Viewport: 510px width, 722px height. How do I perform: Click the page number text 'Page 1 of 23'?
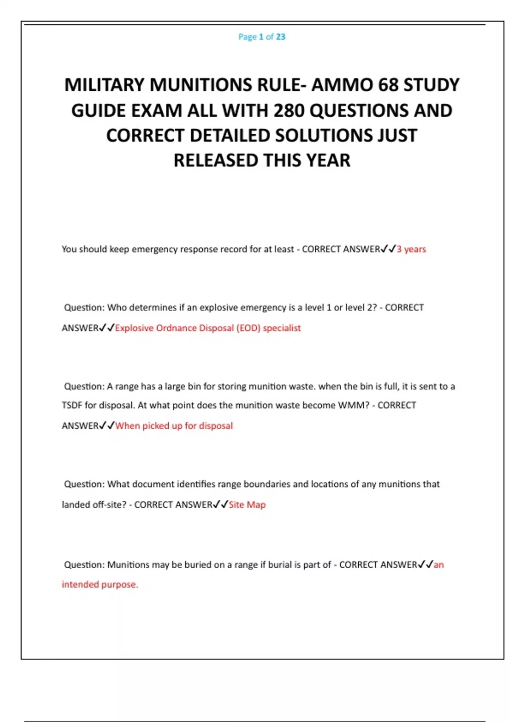coord(262,37)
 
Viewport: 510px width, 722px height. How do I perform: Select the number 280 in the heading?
coord(289,110)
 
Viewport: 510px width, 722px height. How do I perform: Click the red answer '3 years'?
coord(411,249)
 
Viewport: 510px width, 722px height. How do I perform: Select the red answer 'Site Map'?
coord(247,505)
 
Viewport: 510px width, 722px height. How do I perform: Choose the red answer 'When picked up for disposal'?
coord(174,426)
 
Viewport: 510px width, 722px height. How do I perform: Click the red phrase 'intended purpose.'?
coord(100,584)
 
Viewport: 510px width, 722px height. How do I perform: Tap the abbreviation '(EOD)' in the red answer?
coord(248,328)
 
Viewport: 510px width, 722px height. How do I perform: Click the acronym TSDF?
coord(72,405)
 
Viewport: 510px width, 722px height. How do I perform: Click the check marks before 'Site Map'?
coord(221,505)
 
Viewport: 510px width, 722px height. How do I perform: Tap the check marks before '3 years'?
coord(388,249)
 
